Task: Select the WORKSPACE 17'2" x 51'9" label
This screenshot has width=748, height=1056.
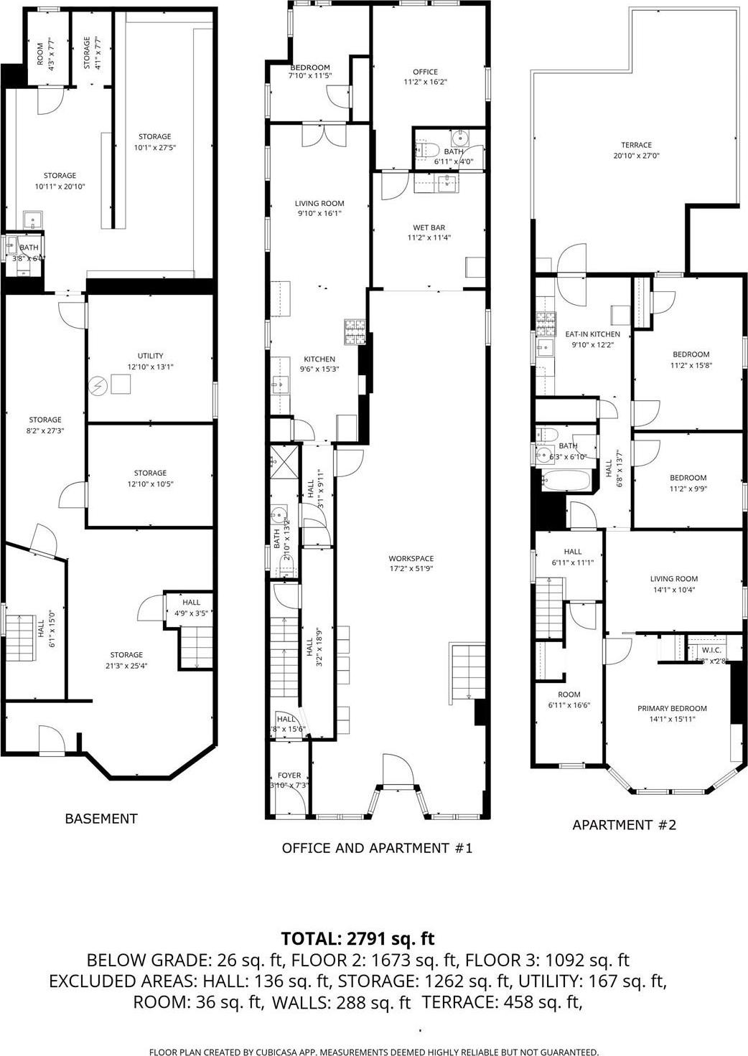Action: coord(411,563)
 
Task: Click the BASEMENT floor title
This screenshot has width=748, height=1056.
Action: coord(100,819)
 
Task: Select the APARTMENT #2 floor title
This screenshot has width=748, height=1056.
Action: coord(624,825)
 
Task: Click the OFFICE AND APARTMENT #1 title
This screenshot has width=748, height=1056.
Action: coord(377,848)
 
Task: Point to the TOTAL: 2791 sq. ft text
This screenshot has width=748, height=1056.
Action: coord(357,939)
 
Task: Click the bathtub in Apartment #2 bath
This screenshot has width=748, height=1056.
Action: coord(566,481)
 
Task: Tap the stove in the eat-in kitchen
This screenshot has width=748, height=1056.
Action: coord(545,326)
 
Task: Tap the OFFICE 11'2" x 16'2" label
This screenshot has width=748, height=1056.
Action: coord(425,77)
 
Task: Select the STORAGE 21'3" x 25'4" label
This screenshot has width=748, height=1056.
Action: coord(126,660)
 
